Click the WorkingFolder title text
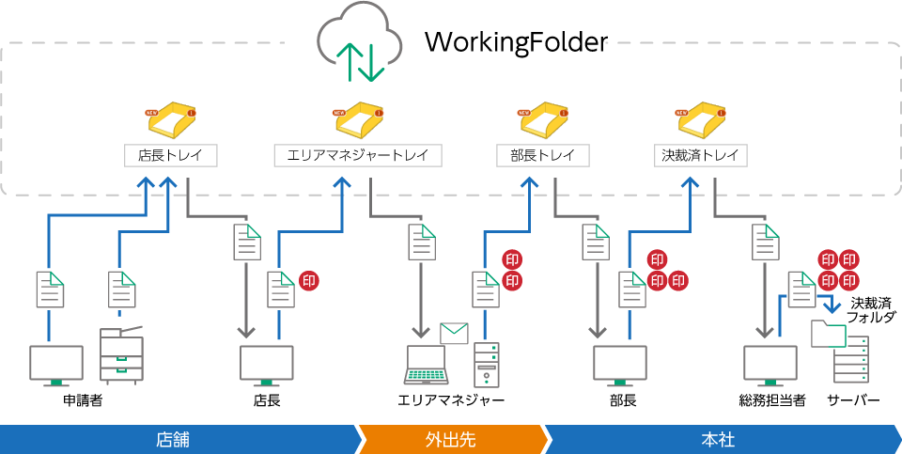(x=516, y=43)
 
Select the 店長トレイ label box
(x=171, y=155)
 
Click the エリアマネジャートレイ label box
(x=357, y=155)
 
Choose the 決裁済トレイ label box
(x=701, y=155)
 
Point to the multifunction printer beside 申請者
(x=120, y=355)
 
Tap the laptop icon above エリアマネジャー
(x=433, y=365)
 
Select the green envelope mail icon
(x=454, y=333)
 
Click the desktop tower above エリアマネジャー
(x=486, y=365)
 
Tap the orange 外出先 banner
(x=452, y=438)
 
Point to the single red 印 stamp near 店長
(x=308, y=279)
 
